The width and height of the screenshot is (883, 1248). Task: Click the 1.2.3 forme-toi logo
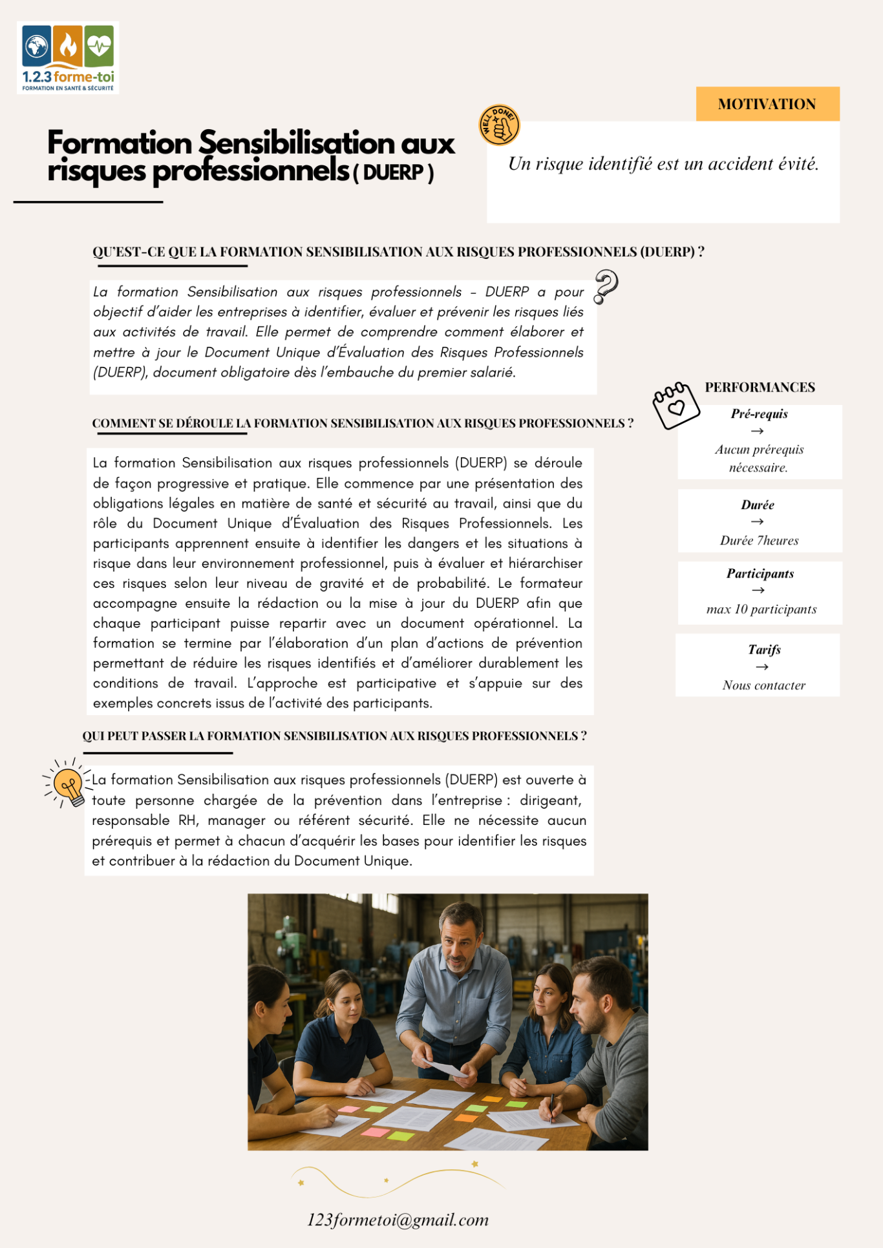click(x=68, y=57)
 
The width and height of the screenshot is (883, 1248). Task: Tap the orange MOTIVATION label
click(x=767, y=104)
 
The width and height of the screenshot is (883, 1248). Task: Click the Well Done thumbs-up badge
click(x=499, y=125)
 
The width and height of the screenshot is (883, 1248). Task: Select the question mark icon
click(x=606, y=286)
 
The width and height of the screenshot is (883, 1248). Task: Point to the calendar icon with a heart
click(x=676, y=406)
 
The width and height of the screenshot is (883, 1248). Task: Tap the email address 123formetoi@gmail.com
click(x=398, y=1220)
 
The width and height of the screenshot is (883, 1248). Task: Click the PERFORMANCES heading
click(x=760, y=388)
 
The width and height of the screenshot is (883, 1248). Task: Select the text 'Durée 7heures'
click(x=759, y=541)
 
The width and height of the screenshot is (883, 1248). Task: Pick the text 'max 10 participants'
click(x=761, y=609)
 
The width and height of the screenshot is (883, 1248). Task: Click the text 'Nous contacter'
click(x=763, y=685)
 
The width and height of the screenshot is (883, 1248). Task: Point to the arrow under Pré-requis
click(x=758, y=431)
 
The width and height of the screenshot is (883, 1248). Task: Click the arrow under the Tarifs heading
click(x=762, y=667)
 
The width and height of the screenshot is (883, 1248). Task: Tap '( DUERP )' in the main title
click(x=393, y=173)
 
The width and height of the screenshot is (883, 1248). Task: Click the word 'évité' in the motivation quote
click(x=798, y=164)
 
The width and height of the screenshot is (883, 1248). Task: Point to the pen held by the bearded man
click(x=551, y=1107)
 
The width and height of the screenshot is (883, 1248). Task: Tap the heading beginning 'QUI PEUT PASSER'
click(x=334, y=736)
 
